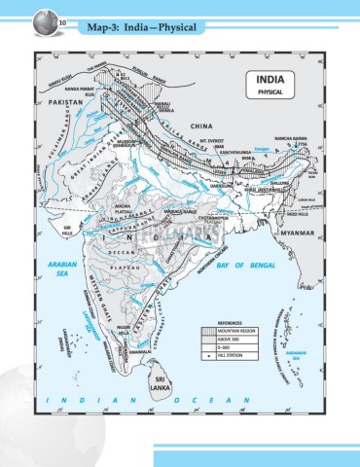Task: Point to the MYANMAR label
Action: (x=303, y=234)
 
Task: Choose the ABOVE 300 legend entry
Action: (x=230, y=341)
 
